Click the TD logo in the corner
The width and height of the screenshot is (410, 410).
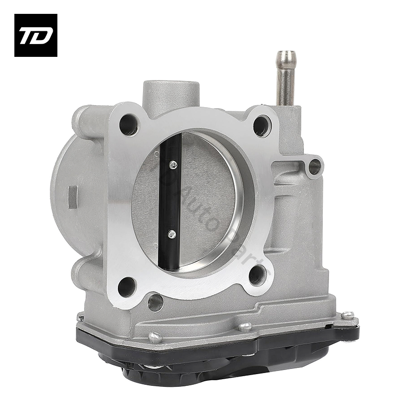pos(35,35)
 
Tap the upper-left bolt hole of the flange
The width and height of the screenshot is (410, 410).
pos(128,124)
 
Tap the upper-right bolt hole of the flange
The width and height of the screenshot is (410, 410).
pos(262,125)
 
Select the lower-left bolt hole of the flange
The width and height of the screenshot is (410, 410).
pos(127,286)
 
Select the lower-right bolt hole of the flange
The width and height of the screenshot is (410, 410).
pos(258,275)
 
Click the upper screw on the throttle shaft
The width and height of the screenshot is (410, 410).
pos(173,165)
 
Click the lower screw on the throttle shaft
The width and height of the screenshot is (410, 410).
pos(172,234)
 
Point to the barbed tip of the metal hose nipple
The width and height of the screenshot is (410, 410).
pos(285,58)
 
